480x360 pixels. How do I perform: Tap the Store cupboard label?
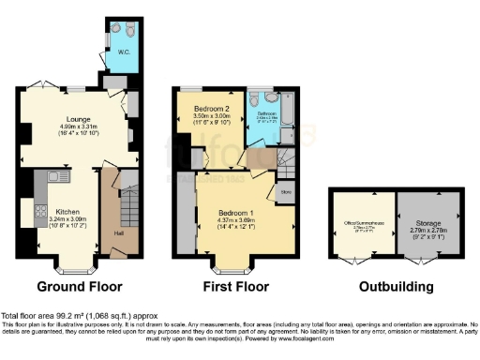286,194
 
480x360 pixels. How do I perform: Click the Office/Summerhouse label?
361,224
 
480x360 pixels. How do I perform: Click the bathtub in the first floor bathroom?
286,113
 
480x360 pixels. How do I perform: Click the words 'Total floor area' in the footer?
23,316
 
